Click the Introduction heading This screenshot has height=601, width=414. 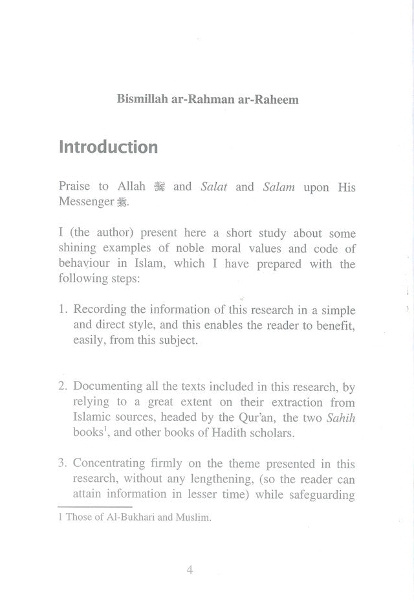click(108, 147)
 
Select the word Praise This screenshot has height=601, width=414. click(74, 187)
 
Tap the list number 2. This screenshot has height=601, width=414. click(62, 387)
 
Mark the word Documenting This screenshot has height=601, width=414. click(108, 387)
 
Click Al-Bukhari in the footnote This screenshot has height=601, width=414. click(124, 519)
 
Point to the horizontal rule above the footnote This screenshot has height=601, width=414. click(95, 507)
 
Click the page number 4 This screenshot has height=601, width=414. click(190, 570)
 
